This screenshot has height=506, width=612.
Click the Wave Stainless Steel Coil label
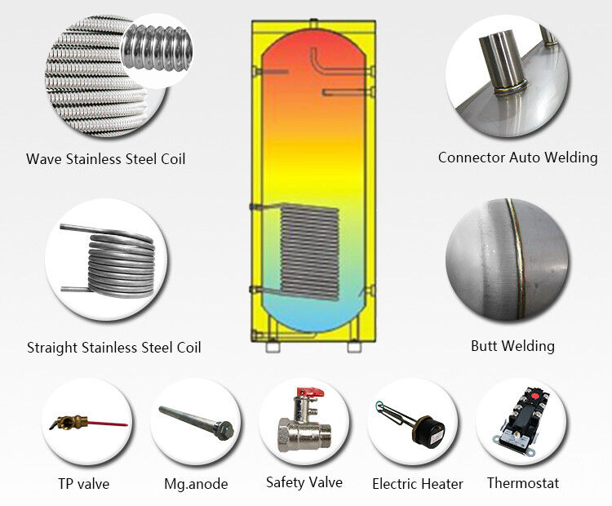click(105, 158)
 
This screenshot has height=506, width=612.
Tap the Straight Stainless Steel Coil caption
click(113, 348)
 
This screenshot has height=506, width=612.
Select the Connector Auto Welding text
click(517, 158)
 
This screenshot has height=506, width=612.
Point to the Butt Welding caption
click(512, 346)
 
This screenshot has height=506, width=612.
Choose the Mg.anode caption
click(196, 483)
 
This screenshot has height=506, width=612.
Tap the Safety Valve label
click(304, 482)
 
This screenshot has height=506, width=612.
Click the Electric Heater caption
click(418, 483)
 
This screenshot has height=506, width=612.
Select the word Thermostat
click(523, 482)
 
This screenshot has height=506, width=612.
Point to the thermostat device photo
click(520, 422)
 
